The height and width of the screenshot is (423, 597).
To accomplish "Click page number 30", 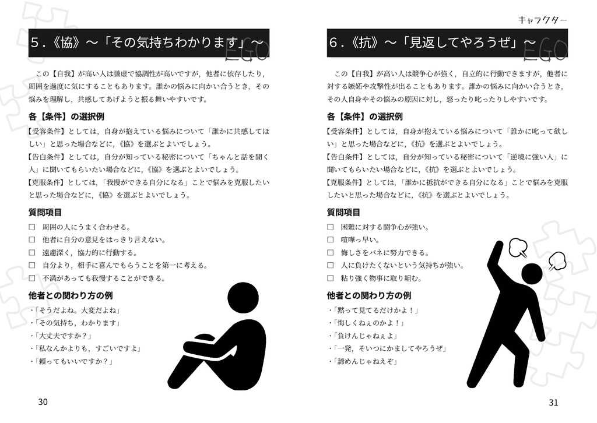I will pos(43,402).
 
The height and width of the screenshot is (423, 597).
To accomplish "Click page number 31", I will pos(553,403).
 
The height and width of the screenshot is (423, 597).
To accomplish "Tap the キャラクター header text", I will pos(542,20).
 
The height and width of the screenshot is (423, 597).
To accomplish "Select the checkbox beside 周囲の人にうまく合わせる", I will pos(32,227).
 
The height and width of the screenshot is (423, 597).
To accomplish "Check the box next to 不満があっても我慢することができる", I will pos(32,278).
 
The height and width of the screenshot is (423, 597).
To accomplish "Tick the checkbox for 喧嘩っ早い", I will pos(331,239).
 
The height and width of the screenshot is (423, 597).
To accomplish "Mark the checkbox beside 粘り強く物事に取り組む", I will pos(331,278).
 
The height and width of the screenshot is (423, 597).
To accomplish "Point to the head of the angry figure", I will pos(531,274).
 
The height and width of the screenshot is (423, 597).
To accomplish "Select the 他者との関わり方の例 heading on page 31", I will pos(369,295).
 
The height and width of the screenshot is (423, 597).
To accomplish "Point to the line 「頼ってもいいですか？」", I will pos(73,361).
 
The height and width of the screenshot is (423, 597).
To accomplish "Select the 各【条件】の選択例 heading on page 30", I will pos(66,117).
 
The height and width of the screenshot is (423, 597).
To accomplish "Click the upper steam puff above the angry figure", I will pos(517,248).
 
